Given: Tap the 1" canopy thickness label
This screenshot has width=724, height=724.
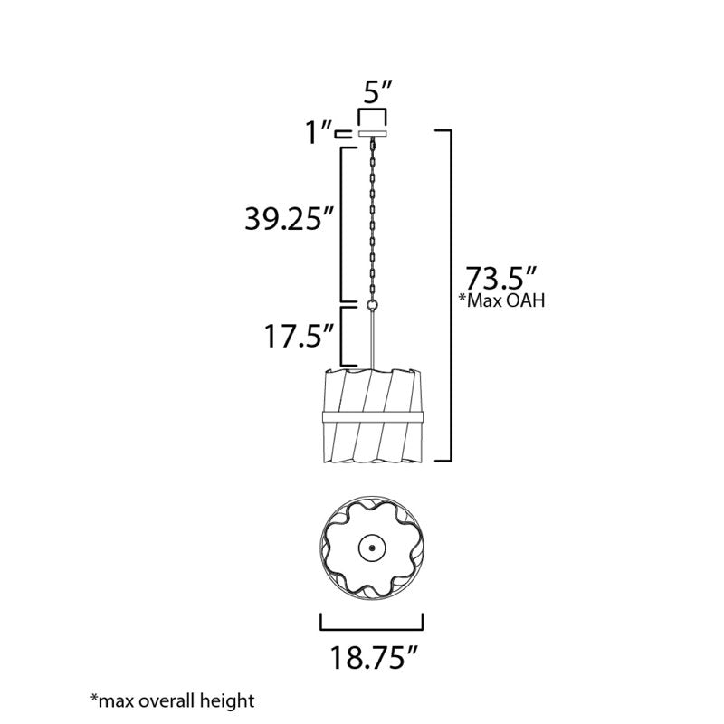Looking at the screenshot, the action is click(319, 132).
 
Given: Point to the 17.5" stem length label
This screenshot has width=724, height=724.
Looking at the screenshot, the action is click(299, 336).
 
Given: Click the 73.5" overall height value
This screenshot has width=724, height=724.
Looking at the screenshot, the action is click(500, 278).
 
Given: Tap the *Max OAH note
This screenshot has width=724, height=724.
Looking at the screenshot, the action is click(501, 300).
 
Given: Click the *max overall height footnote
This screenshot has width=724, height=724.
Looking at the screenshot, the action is click(172, 700).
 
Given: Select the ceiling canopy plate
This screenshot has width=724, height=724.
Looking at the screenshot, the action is click(372, 134).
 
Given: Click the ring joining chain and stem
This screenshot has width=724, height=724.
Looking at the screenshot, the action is click(372, 305).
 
